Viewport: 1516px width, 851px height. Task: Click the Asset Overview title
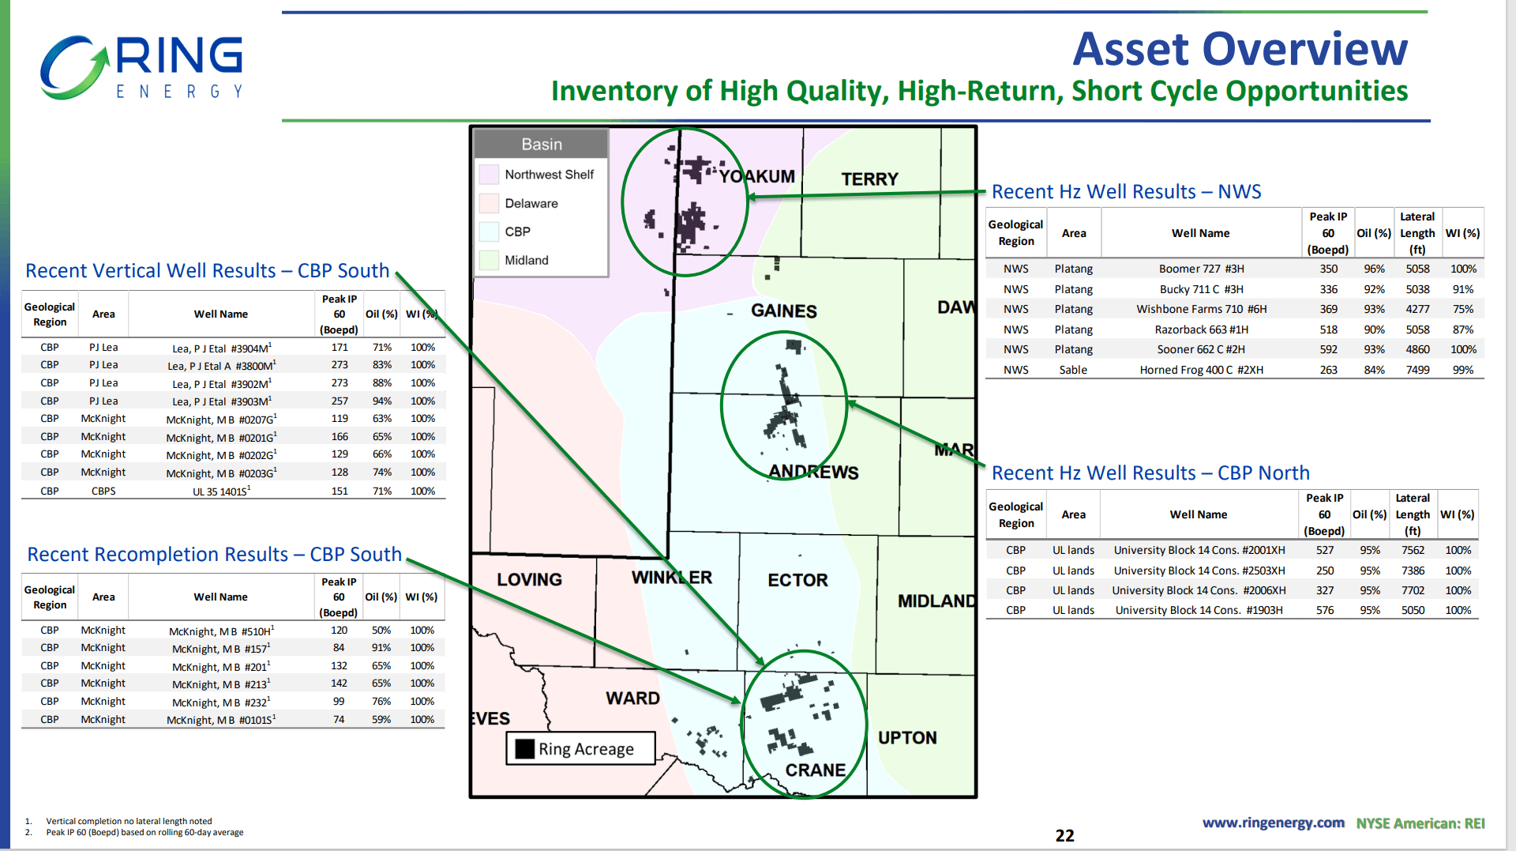(x=1239, y=49)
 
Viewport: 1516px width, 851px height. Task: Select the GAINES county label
(x=783, y=311)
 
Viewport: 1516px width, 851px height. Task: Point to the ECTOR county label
(x=797, y=580)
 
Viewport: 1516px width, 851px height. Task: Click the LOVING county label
(x=529, y=579)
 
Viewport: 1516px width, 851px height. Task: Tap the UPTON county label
(x=907, y=737)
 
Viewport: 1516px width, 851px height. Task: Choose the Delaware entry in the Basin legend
(x=531, y=203)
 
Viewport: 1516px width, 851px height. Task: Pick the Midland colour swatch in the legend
(x=489, y=260)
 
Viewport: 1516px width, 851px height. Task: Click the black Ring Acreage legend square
(x=524, y=748)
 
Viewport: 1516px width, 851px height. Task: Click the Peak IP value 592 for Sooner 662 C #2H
(x=1328, y=349)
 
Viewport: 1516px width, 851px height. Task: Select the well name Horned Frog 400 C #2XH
(x=1200, y=370)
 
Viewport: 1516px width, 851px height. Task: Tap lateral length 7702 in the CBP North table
(x=1412, y=590)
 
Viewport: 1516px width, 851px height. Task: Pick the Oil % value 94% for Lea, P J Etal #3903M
(x=381, y=401)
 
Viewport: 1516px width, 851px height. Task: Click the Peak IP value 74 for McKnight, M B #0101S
(x=339, y=719)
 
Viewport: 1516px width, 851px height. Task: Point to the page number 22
(x=1064, y=835)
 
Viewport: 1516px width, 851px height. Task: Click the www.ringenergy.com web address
(x=1273, y=823)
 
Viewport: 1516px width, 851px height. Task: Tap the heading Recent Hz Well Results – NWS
(x=1126, y=191)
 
